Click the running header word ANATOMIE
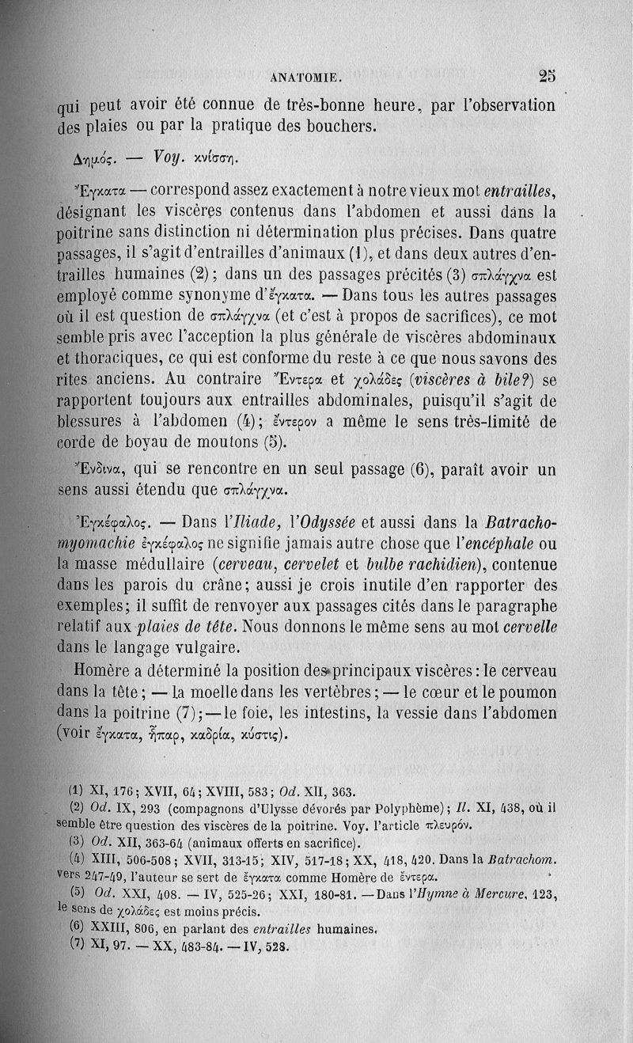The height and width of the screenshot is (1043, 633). [x=305, y=78]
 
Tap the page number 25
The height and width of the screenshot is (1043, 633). [x=548, y=77]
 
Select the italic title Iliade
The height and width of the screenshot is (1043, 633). [x=250, y=523]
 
